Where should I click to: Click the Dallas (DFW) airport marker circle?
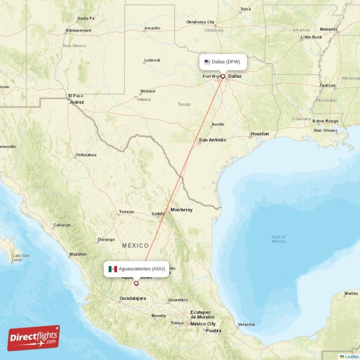point(222,76)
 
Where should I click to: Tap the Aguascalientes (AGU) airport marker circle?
point(136,283)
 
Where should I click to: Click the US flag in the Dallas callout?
point(207,62)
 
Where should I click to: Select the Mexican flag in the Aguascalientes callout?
point(112,269)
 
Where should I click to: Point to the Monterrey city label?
point(181,210)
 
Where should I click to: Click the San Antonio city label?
point(212,140)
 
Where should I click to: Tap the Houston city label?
point(260,134)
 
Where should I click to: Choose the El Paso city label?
point(76,96)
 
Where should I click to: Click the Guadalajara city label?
point(133,298)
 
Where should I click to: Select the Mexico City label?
point(202,324)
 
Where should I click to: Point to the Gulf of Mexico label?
point(279,239)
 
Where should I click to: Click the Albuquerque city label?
point(78,31)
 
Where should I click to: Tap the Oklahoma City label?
point(201,22)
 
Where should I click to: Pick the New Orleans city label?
point(325,130)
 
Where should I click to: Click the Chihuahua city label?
point(86,155)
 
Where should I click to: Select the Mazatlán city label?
point(78,254)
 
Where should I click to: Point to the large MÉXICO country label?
point(135,246)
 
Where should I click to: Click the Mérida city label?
point(351,294)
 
